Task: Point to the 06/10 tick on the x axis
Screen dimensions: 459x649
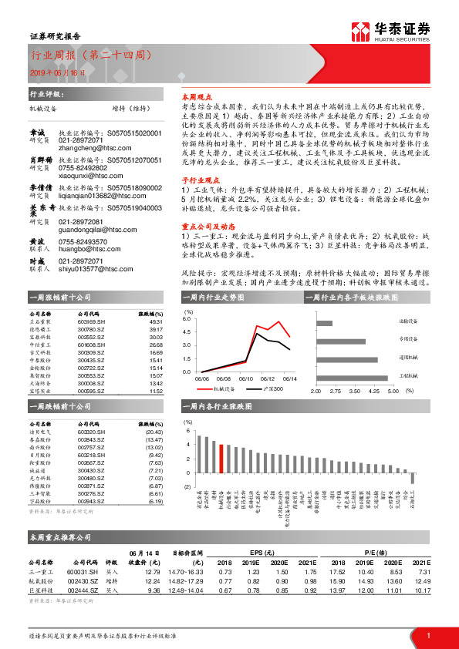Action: pos(245,378)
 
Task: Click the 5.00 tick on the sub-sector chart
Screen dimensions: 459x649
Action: pos(391,392)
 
